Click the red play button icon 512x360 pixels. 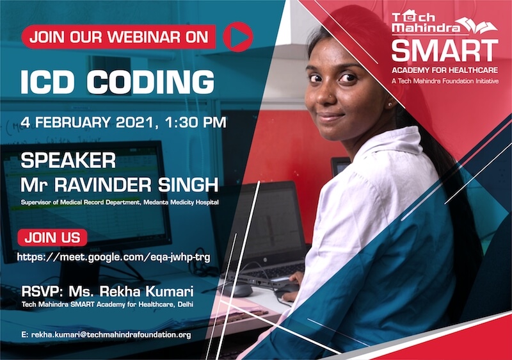(x=238, y=37)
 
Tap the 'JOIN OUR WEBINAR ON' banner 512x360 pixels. (x=118, y=37)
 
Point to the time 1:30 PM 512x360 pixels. (x=195, y=122)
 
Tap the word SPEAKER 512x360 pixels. (x=68, y=160)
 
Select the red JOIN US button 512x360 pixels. (x=52, y=238)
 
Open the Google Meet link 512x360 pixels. (x=114, y=257)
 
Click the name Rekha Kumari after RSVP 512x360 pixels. (x=131, y=291)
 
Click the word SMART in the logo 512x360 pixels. (x=445, y=50)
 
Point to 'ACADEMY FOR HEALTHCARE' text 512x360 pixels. (x=445, y=70)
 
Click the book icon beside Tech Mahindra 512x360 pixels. (x=477, y=25)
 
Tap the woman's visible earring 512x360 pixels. (x=390, y=104)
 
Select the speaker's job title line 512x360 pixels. (x=120, y=202)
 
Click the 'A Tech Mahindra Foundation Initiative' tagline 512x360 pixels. (x=445, y=81)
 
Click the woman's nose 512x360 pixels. (x=326, y=95)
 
